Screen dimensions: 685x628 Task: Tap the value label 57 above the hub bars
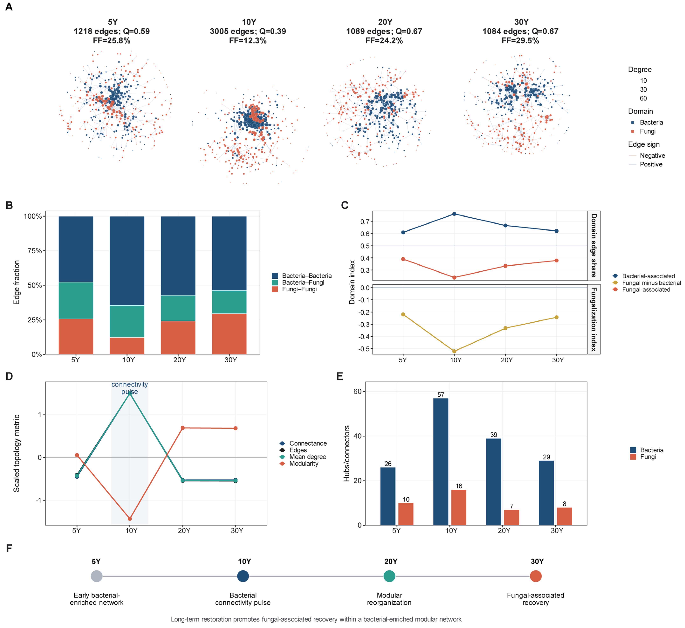pos(441,394)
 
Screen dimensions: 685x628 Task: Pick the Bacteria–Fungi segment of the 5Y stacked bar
pos(76,300)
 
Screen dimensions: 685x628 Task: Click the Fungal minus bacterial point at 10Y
pos(454,351)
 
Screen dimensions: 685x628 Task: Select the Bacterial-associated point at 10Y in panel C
pos(454,214)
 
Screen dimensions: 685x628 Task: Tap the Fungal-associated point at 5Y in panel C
pos(403,259)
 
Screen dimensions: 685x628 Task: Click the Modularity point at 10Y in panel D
pos(130,519)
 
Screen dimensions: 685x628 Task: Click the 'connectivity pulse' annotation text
pos(130,388)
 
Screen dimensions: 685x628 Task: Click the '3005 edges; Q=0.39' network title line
pos(248,31)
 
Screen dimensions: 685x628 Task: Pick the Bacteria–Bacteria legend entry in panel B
pos(302,276)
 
